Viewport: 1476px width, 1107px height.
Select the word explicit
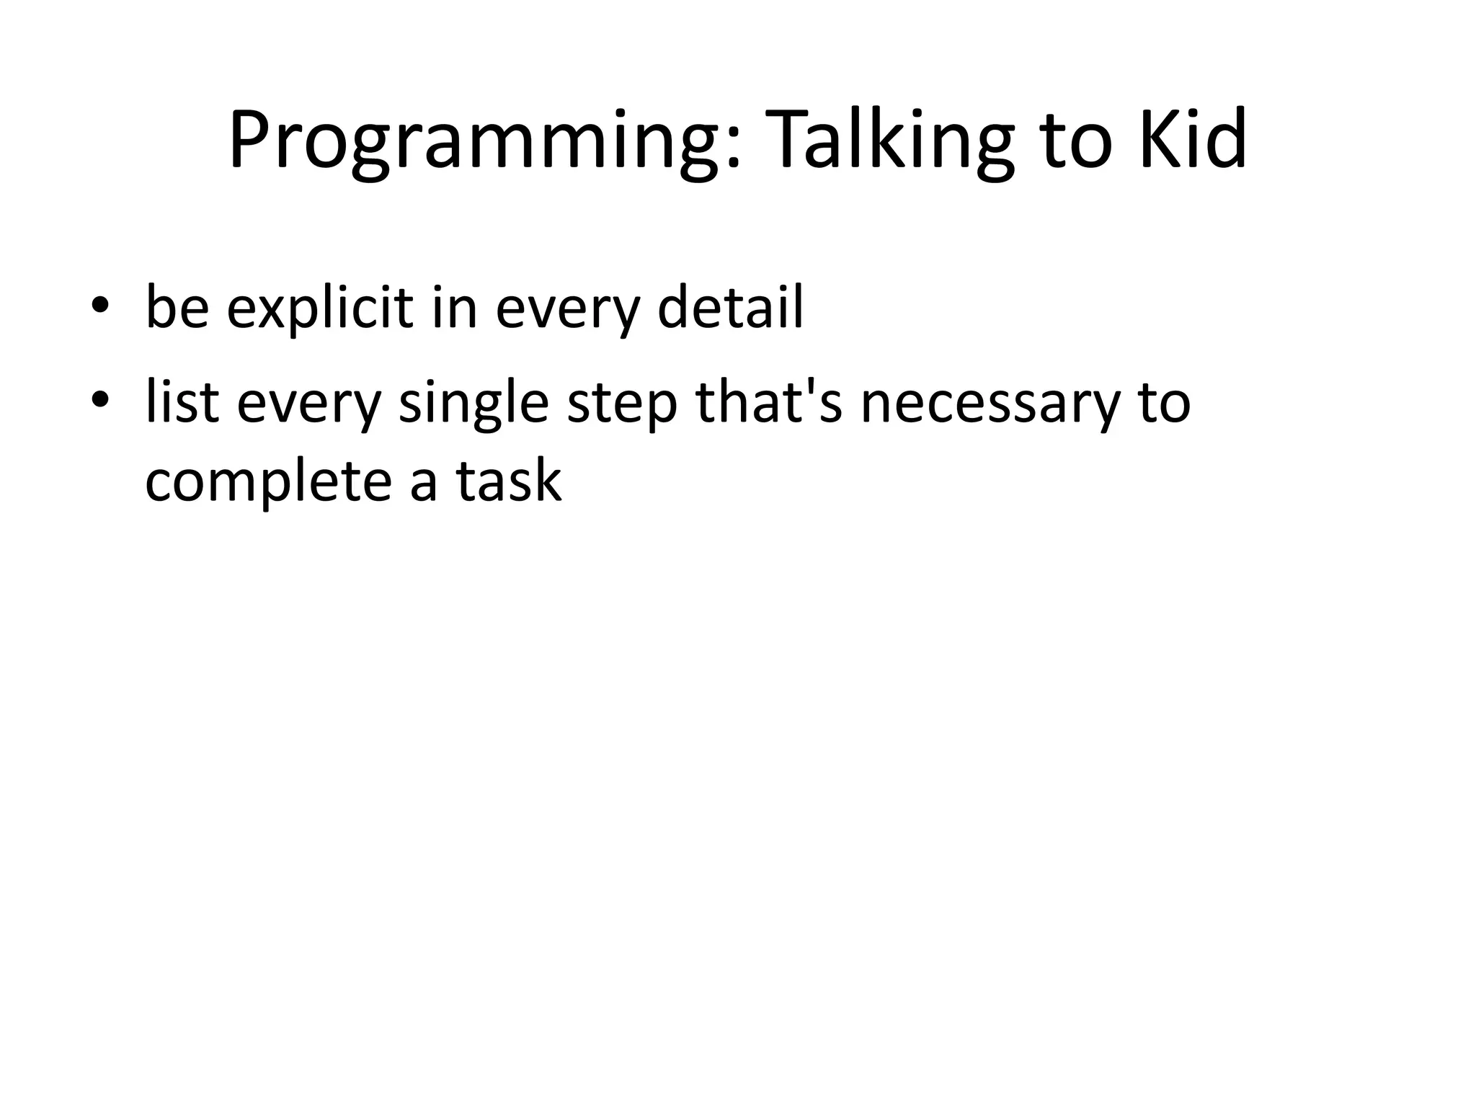tap(320, 308)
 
